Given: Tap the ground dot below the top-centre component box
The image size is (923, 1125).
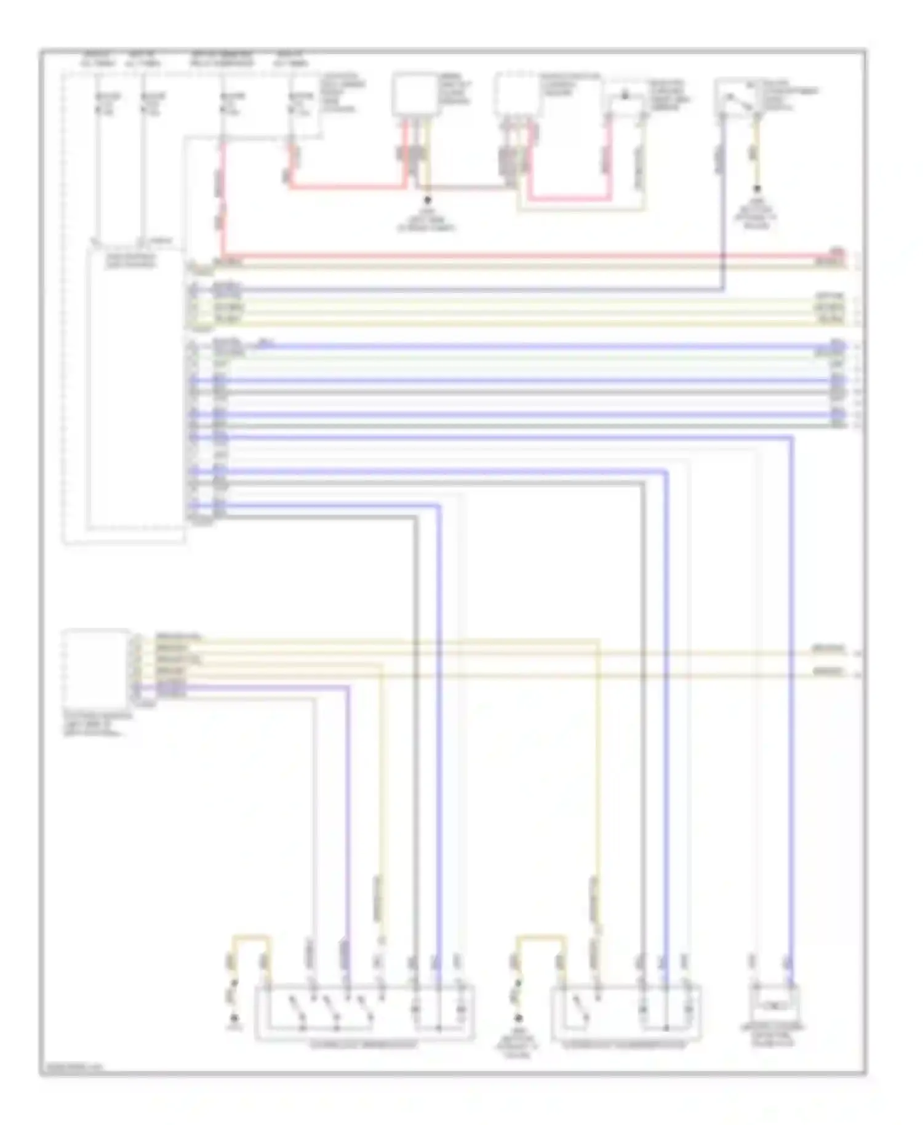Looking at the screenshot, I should pyautogui.click(x=426, y=200).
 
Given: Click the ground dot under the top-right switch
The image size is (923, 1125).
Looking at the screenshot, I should pyautogui.click(x=757, y=189).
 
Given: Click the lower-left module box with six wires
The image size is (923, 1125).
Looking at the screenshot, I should pyautogui.click(x=97, y=665).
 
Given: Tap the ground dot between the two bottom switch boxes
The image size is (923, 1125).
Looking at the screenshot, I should pyautogui.click(x=519, y=1019).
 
